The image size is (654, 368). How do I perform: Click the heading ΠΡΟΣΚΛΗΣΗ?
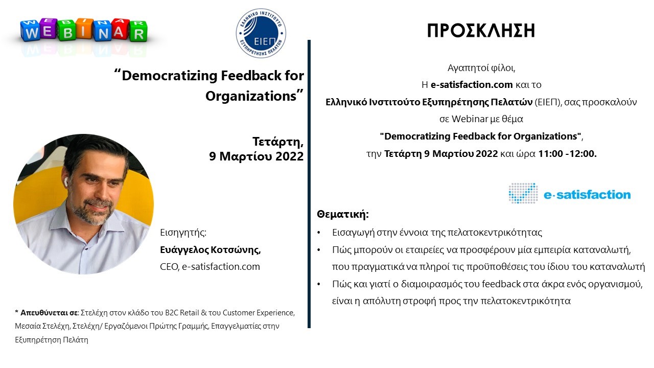click(x=481, y=30)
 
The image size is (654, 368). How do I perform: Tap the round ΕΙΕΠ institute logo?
click(x=261, y=33)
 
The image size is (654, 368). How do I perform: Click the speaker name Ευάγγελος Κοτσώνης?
click(x=210, y=250)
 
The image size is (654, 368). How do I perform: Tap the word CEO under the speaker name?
click(x=169, y=266)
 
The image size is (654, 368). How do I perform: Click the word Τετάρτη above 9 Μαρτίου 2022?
click(x=278, y=142)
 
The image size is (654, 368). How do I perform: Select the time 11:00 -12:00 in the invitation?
click(x=567, y=154)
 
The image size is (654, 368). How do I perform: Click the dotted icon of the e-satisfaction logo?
click(x=523, y=193)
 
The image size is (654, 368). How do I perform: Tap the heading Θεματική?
click(x=343, y=214)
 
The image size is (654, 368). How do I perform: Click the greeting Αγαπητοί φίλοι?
click(x=481, y=68)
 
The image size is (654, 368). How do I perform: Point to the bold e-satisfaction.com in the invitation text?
click(x=472, y=85)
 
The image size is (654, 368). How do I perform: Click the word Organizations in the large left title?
click(x=251, y=96)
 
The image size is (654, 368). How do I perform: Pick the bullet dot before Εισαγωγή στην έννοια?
click(x=319, y=233)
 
